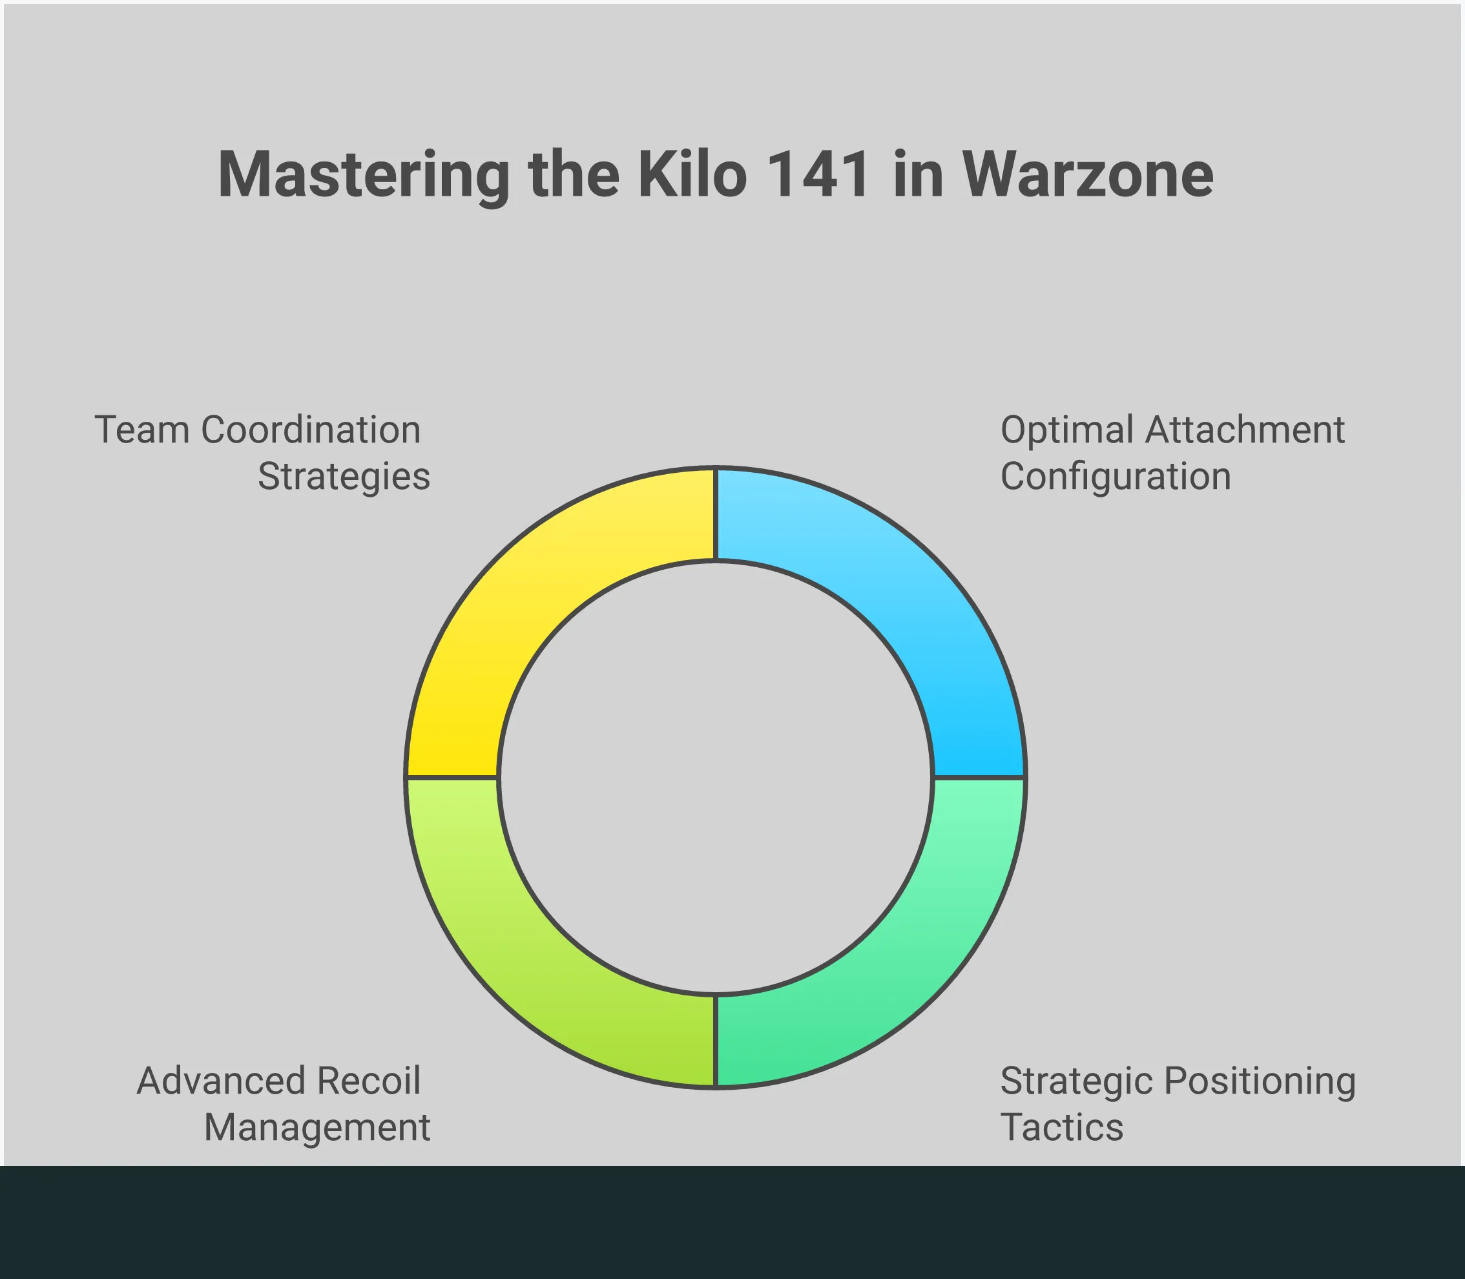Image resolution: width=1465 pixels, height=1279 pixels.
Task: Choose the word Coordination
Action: click(x=311, y=430)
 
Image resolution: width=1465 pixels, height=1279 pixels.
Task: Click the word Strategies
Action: click(x=344, y=477)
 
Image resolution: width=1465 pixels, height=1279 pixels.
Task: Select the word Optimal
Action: click(x=1068, y=431)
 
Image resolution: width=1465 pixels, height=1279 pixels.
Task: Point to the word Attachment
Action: click(x=1245, y=430)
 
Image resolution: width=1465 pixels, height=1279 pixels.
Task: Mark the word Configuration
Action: click(x=1116, y=477)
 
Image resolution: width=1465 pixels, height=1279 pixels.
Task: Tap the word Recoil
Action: click(x=369, y=1081)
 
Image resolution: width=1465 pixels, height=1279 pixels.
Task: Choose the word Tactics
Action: click(x=1062, y=1128)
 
